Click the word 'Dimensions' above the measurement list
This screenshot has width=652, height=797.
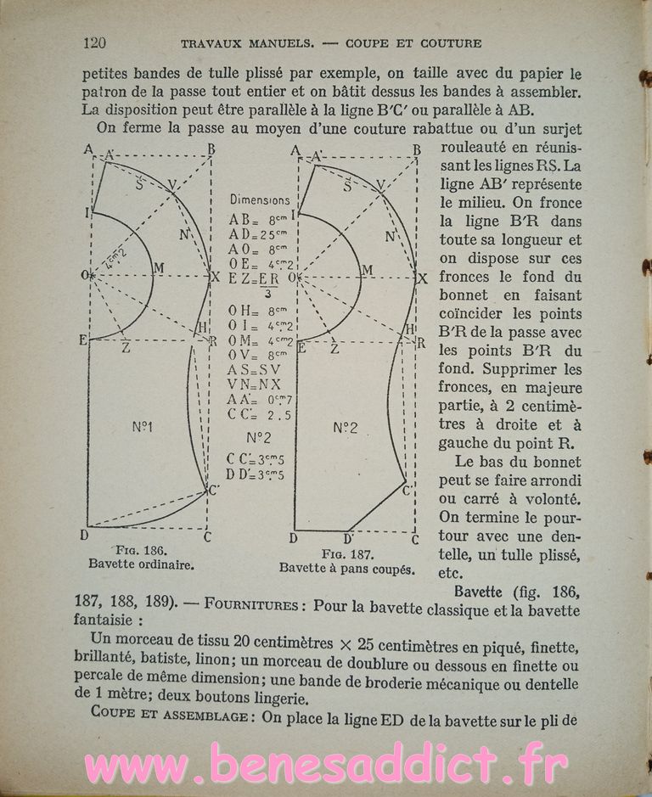point(261,200)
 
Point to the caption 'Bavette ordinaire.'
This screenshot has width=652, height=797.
point(141,564)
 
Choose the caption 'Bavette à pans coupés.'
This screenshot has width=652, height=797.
point(347,569)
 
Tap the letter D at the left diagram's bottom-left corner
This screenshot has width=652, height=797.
point(84,535)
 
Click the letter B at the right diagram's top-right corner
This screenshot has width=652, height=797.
point(417,150)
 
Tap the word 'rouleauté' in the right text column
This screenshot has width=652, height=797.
point(475,148)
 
